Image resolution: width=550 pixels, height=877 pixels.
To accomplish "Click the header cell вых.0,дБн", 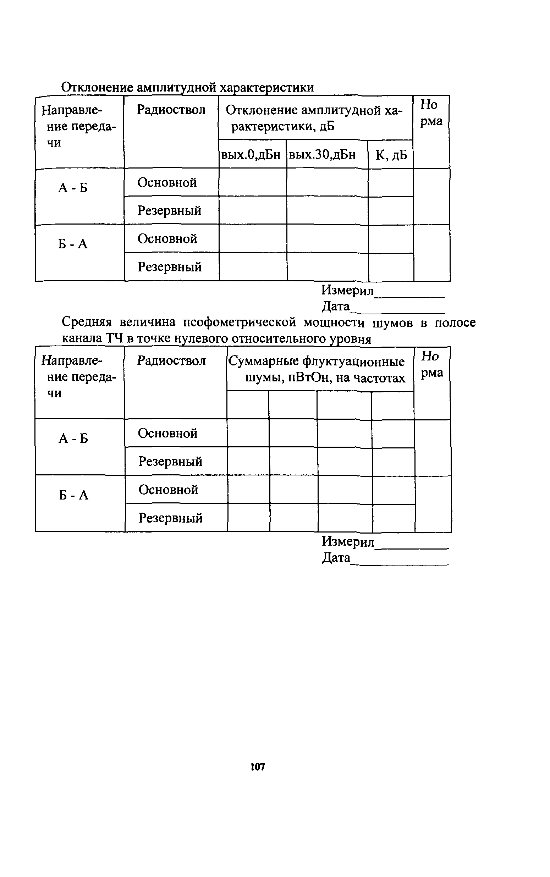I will pos(251,155).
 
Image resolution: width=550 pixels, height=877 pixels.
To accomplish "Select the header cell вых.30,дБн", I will pos(322,155).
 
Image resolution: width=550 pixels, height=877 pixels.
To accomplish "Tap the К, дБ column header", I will pos(391,155).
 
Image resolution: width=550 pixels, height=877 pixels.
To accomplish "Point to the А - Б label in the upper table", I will pos(73,188).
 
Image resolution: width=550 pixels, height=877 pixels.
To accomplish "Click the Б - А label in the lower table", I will pos(74,495).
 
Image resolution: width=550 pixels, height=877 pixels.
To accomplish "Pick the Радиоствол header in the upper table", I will pos(171,110).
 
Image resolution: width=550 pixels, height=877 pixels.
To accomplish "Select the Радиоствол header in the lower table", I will pos(171,361).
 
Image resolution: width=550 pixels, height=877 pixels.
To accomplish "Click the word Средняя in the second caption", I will pos(87,322).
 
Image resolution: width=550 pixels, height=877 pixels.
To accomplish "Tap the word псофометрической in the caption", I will pos(239,322).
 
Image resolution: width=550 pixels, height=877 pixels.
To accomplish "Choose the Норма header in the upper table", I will pos(431,113).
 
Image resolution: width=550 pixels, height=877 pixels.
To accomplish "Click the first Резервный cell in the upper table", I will pos(170,210).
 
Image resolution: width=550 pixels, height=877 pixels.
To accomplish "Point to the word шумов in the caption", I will pos(392,323).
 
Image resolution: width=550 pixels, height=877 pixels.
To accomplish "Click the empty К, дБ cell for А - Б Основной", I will pos(391,182).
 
